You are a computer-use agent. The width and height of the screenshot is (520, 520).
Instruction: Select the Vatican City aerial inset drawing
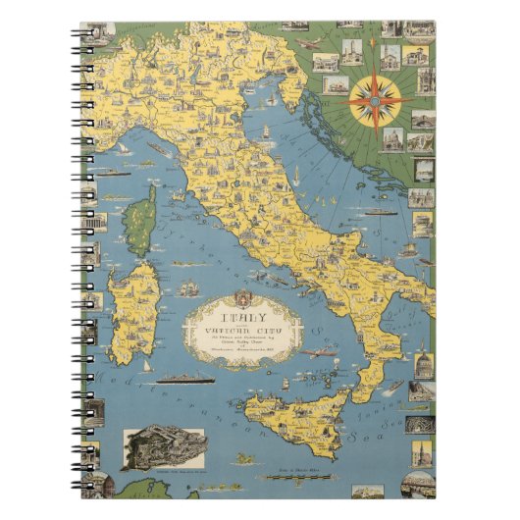(x=164, y=449)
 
